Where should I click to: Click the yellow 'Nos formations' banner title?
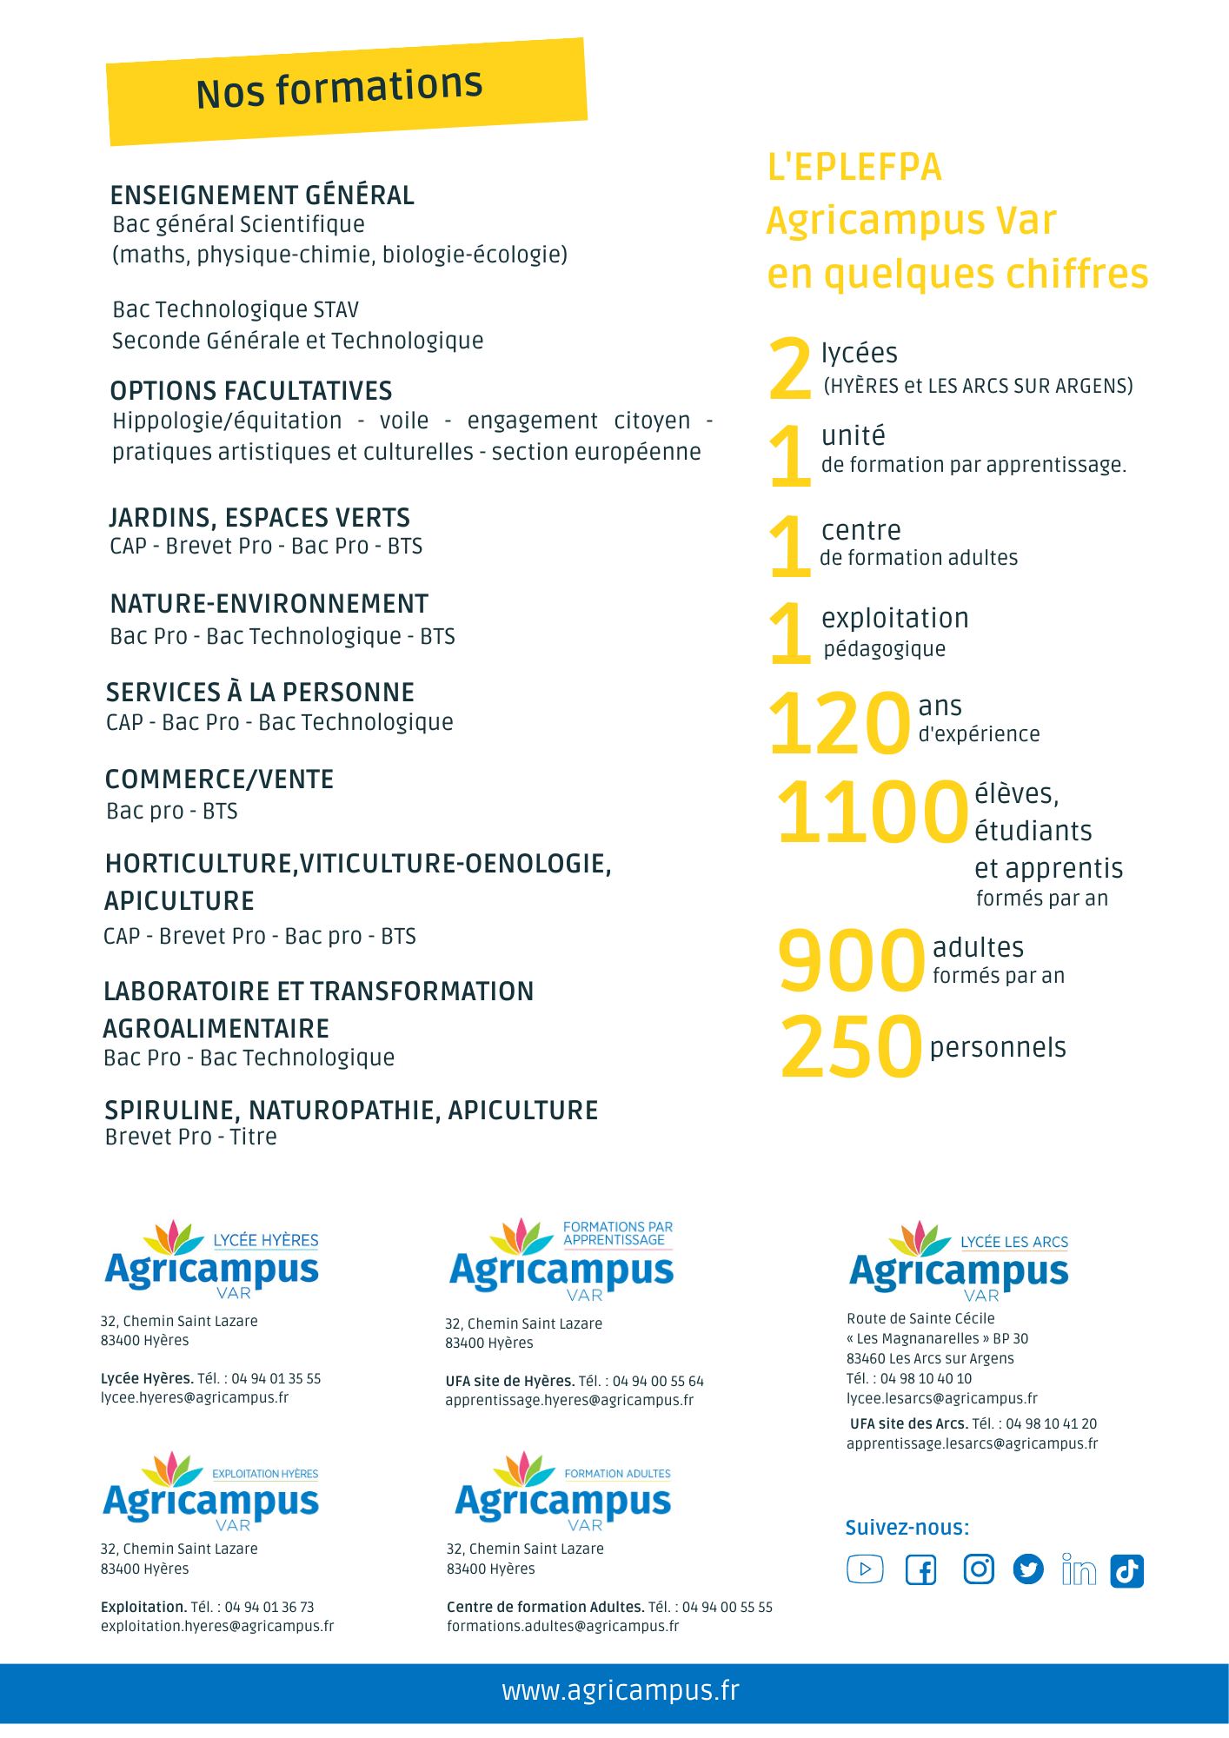pos(339,89)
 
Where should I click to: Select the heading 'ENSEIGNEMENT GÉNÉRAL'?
pos(262,196)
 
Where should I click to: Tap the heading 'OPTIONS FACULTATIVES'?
pos(250,391)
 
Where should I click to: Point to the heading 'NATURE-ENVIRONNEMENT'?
pos(269,604)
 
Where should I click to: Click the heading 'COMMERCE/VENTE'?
pos(219,779)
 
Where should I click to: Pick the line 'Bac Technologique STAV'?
pos(236,310)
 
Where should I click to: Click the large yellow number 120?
pos(839,723)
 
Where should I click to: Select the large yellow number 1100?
pos(872,813)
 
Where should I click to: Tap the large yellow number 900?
pos(851,960)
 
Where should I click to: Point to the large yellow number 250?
pos(850,1047)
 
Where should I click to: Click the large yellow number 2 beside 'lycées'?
pos(790,371)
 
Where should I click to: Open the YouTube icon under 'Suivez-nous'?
pos(865,1569)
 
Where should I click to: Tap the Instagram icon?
pos(979,1569)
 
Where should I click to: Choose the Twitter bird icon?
pos(1028,1569)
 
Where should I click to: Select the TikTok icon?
pos(1126,1570)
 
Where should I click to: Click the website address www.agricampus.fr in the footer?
pos(621,1691)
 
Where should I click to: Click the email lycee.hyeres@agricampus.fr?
pos(195,1397)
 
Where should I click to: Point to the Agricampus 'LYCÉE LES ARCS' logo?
pos(959,1263)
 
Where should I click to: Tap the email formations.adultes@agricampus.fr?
pos(562,1626)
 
